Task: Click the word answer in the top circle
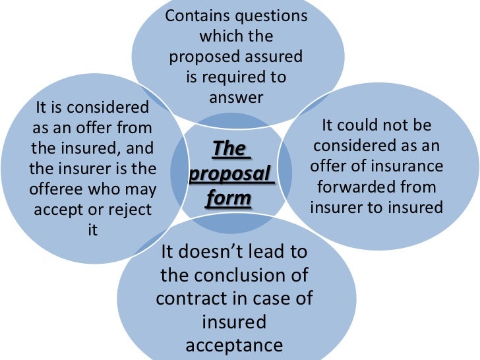(236, 98)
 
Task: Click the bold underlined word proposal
(230, 174)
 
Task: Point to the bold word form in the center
(228, 198)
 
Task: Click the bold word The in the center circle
(228, 149)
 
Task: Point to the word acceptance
(235, 345)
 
